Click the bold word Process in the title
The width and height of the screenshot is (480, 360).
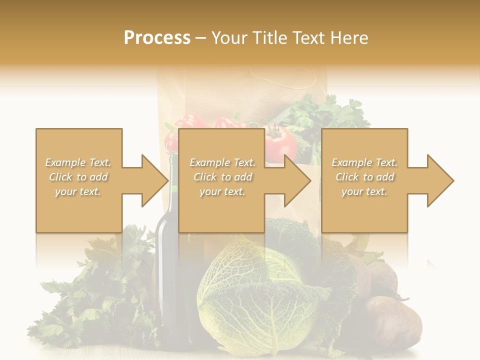pyautogui.click(x=157, y=37)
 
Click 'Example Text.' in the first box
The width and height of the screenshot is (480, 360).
pyautogui.click(x=78, y=162)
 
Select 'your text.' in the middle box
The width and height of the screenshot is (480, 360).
pyautogui.click(x=222, y=191)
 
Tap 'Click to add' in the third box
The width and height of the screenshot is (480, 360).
pyautogui.click(x=364, y=177)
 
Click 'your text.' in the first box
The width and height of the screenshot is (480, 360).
pyautogui.click(x=78, y=191)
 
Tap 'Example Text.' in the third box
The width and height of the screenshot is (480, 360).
pyautogui.click(x=364, y=162)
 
